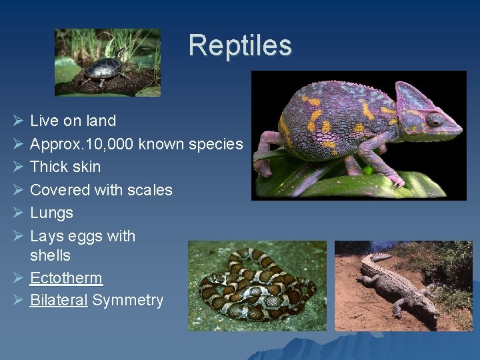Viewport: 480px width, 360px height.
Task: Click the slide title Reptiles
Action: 240,45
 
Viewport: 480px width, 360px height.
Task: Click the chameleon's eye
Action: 433,119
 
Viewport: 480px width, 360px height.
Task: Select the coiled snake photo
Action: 257,285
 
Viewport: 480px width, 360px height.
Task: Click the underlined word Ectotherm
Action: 66,278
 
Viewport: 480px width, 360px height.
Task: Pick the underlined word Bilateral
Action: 59,301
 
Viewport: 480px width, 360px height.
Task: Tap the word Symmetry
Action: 127,301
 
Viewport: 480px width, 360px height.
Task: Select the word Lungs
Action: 51,213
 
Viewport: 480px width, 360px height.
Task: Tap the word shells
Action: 50,255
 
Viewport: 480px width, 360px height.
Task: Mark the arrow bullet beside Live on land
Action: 18,121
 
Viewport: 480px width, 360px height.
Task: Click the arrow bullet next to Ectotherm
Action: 18,278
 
